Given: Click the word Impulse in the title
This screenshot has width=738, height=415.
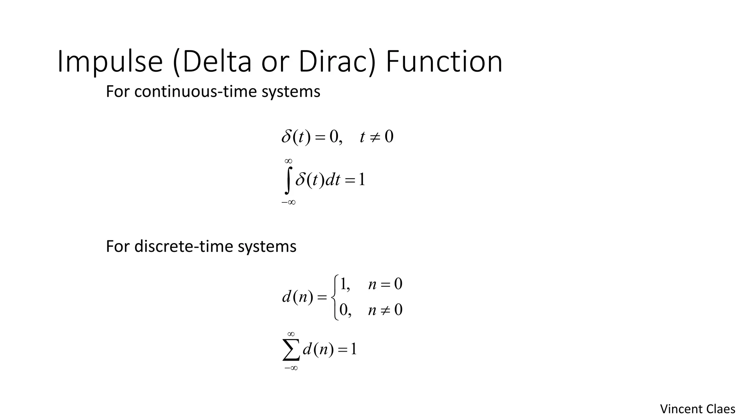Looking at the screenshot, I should point(110,62).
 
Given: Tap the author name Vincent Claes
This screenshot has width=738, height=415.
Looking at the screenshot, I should point(697,409).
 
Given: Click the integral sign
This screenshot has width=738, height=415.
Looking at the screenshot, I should point(288,180).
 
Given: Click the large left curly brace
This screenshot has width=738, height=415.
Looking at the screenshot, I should point(335,298).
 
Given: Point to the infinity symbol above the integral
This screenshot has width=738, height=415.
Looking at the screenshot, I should point(288,161).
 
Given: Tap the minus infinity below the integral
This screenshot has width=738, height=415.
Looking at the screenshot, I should point(289,202).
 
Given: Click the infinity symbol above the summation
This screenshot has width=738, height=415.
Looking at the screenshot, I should point(291,334).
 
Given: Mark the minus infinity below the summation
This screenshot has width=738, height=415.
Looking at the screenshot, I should point(291,368).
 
